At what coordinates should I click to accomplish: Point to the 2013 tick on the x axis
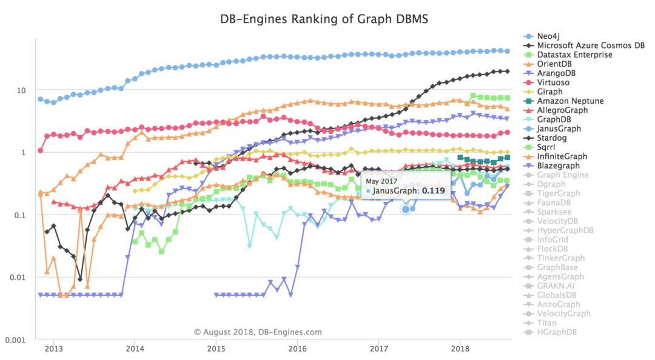(54, 348)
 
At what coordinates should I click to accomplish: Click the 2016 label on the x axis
(297, 348)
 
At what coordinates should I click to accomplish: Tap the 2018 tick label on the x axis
(460, 348)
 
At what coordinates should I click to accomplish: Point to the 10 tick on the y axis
(21, 90)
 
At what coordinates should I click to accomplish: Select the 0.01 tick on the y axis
(18, 278)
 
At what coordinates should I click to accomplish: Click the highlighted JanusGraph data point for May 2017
(406, 209)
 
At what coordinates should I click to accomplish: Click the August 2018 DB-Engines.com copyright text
(258, 332)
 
